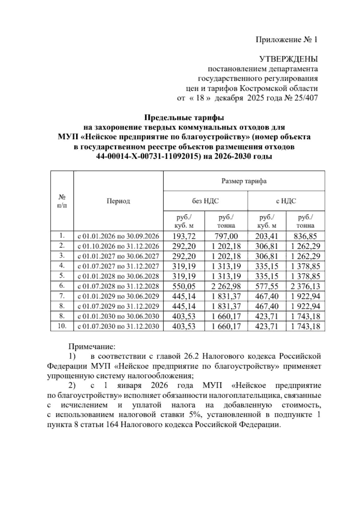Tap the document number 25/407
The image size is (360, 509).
(306, 98)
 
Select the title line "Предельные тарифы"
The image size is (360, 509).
(184, 117)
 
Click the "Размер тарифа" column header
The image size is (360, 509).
(244, 181)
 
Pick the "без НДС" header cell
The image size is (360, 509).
(205, 201)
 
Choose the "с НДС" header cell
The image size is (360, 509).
(286, 201)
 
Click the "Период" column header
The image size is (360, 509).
(118, 201)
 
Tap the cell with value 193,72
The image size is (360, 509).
(184, 236)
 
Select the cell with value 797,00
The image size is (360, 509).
(226, 236)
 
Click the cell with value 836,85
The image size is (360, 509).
(305, 236)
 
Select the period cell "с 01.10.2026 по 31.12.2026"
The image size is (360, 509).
(118, 246)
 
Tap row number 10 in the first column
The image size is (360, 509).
(62, 326)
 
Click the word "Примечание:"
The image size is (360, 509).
(92, 347)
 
